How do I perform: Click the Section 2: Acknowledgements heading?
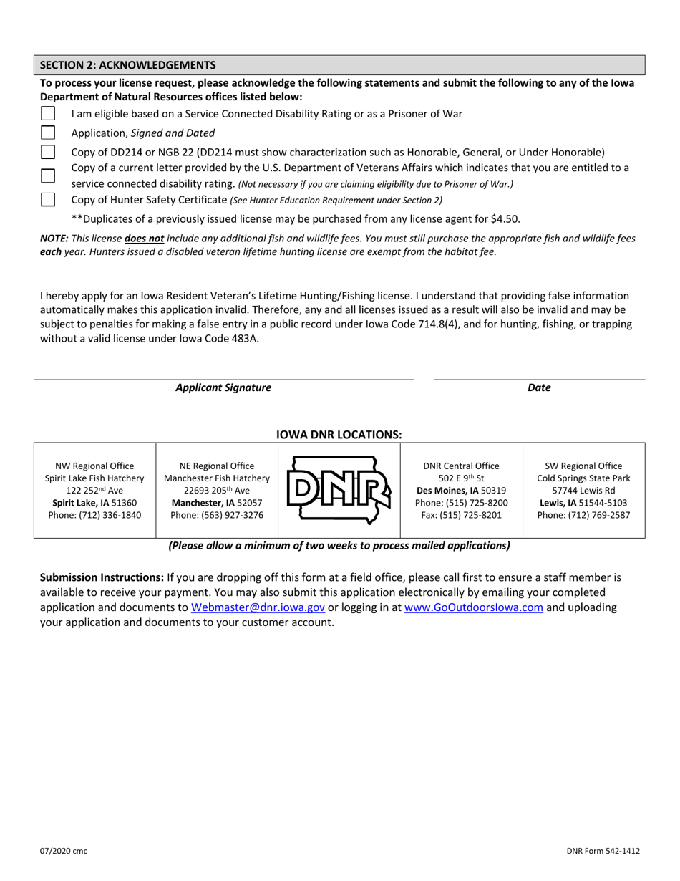[x=127, y=64]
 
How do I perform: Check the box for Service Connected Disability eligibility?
[x=48, y=113]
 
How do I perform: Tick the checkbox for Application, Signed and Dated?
[x=48, y=133]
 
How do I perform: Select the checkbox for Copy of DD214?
[x=48, y=152]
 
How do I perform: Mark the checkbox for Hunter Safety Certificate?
[x=48, y=199]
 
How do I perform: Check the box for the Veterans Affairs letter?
[x=48, y=175]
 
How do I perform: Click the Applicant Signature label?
[x=223, y=387]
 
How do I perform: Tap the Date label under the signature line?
[x=539, y=387]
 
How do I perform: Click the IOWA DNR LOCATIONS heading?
[x=339, y=434]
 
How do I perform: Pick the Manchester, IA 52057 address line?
[x=217, y=503]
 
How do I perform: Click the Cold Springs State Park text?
[x=583, y=478]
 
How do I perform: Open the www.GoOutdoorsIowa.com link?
[x=473, y=607]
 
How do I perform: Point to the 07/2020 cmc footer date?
[x=64, y=851]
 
